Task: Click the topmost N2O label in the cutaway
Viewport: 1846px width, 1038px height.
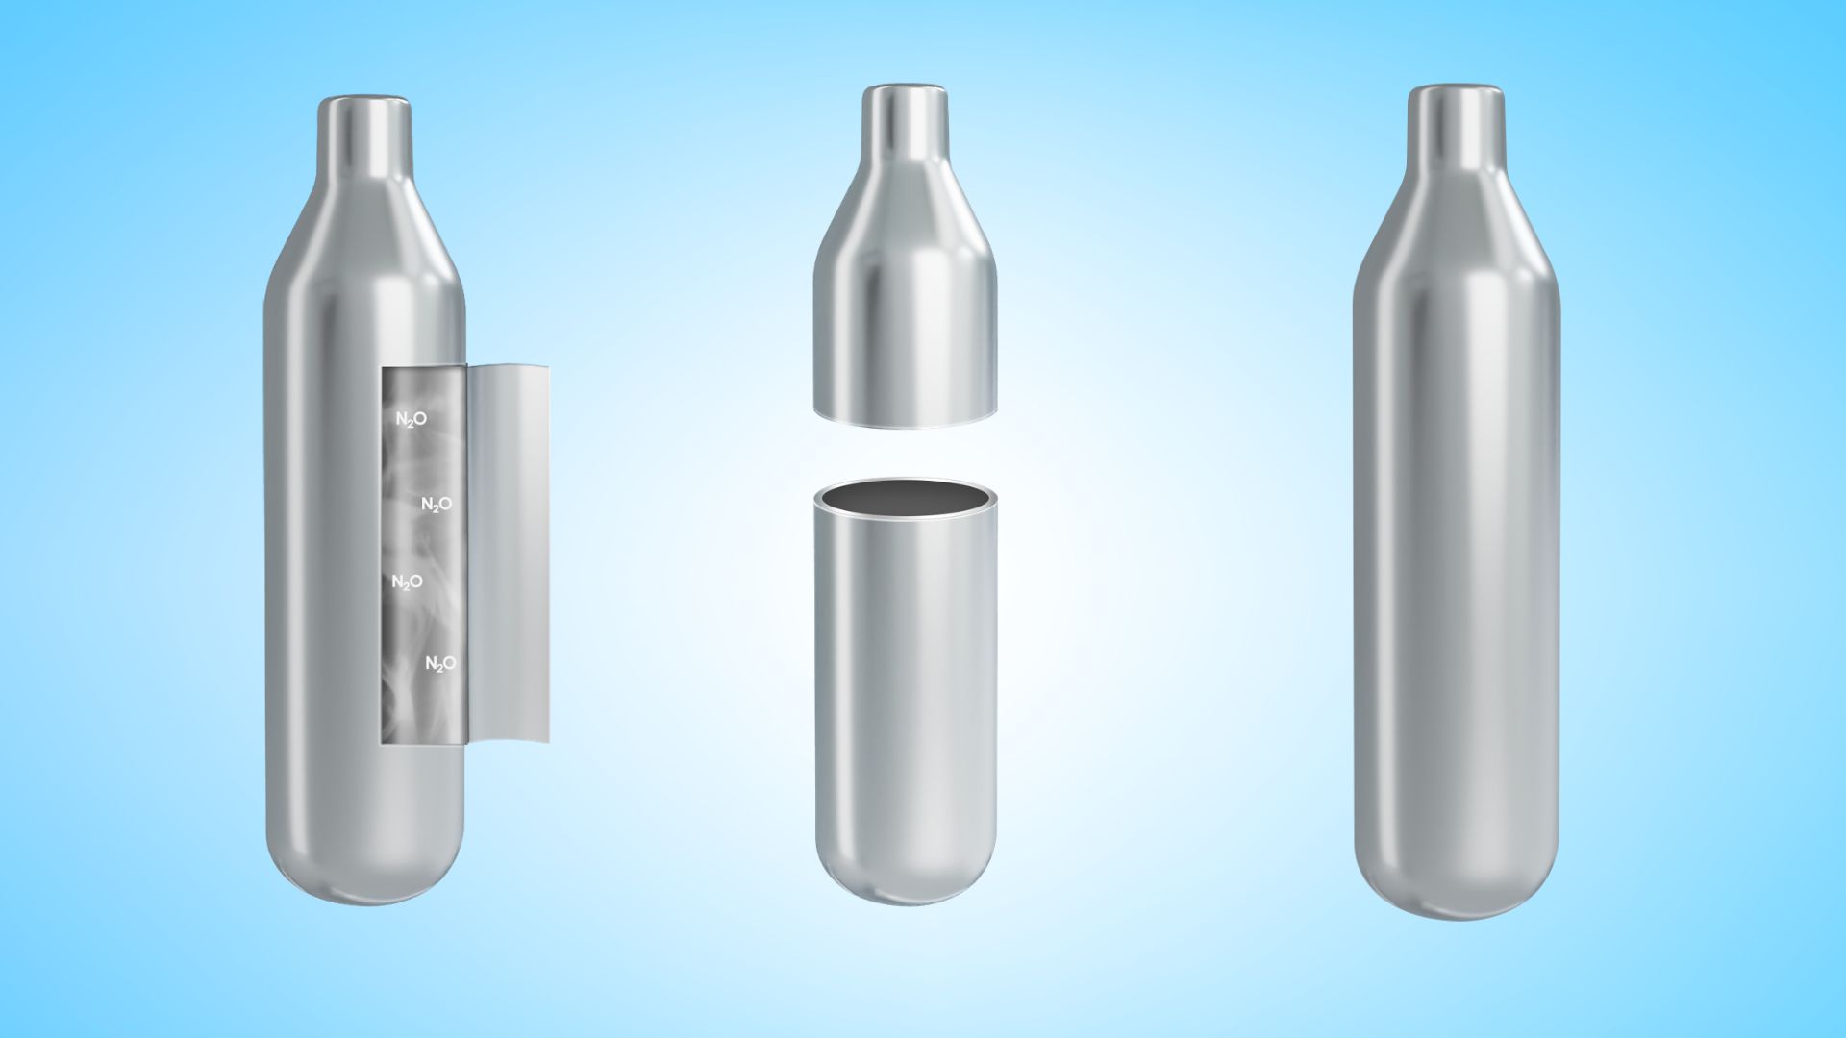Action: click(411, 419)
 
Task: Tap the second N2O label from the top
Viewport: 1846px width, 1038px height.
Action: click(437, 505)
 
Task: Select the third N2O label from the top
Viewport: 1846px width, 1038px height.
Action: click(407, 582)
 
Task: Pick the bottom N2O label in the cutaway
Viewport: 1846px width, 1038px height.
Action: click(440, 664)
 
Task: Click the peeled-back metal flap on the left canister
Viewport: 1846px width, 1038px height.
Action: click(508, 554)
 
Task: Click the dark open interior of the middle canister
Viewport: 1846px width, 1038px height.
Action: click(905, 500)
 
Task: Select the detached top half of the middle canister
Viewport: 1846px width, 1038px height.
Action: click(905, 256)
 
